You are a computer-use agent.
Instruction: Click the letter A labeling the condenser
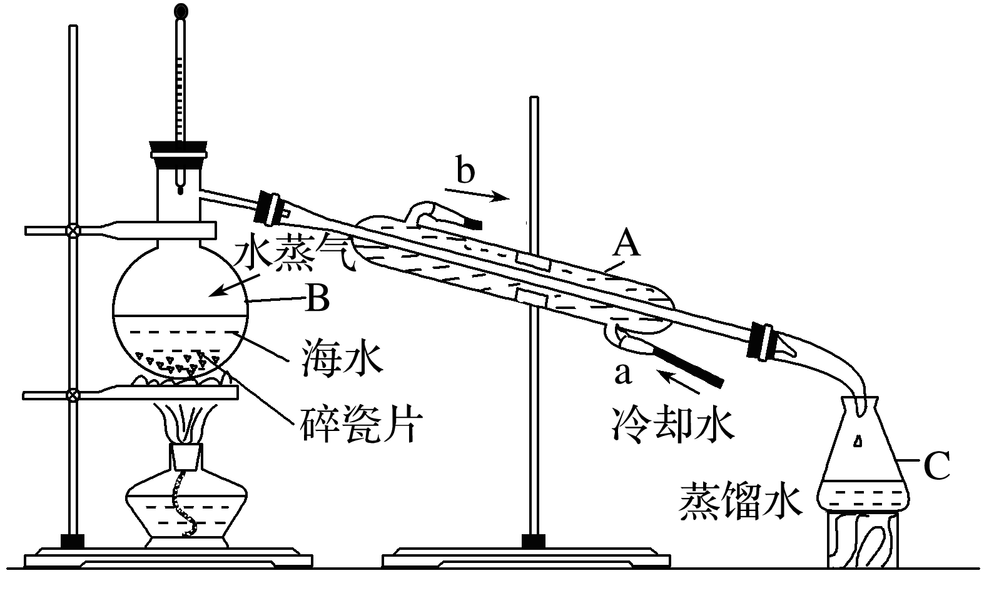click(x=626, y=243)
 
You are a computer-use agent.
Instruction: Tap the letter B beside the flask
click(x=317, y=299)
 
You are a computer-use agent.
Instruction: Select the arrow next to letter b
click(x=479, y=195)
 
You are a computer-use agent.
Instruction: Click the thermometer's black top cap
click(x=181, y=11)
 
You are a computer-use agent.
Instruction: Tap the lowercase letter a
click(x=622, y=374)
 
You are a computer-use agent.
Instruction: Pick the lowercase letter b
click(x=465, y=170)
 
